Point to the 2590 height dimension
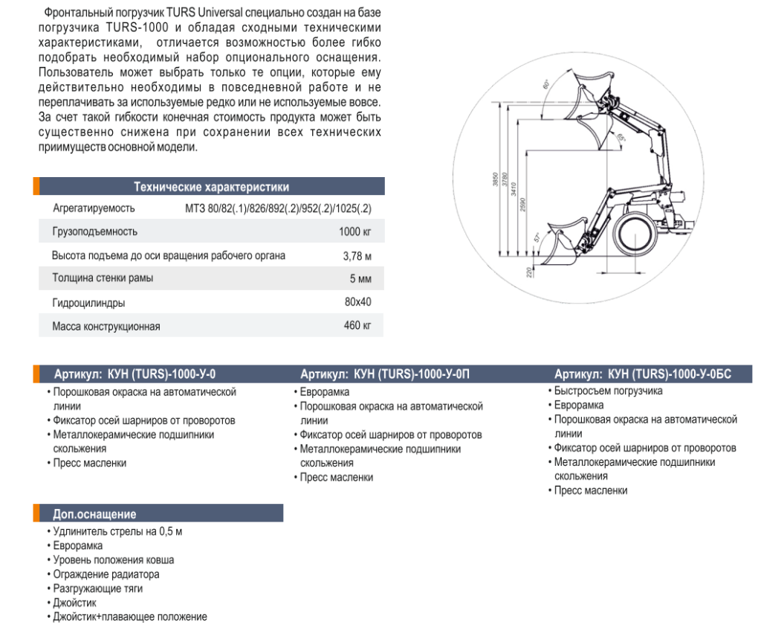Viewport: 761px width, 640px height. point(523,204)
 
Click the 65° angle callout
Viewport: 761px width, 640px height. point(621,137)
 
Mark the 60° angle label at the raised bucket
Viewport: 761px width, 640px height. point(545,85)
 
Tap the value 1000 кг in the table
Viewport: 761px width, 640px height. point(354,231)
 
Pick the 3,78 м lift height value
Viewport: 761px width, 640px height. point(357,255)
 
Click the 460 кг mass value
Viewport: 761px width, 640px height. point(357,326)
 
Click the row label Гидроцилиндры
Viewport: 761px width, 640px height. point(88,303)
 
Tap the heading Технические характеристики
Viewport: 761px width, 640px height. point(211,187)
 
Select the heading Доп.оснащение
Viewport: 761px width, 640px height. point(94,514)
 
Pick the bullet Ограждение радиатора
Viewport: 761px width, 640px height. point(105,575)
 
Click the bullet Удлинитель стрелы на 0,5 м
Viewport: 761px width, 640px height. point(117,531)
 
